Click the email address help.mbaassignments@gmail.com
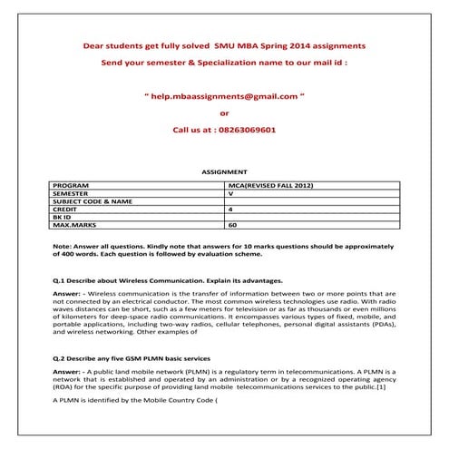click(225, 94)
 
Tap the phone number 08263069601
click(243, 131)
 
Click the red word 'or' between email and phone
click(225, 112)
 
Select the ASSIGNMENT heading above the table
click(224, 171)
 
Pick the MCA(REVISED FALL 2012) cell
click(271, 185)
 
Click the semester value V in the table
click(231, 193)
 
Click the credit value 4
click(231, 209)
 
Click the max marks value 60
click(233, 224)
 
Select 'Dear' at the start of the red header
click(93, 44)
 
